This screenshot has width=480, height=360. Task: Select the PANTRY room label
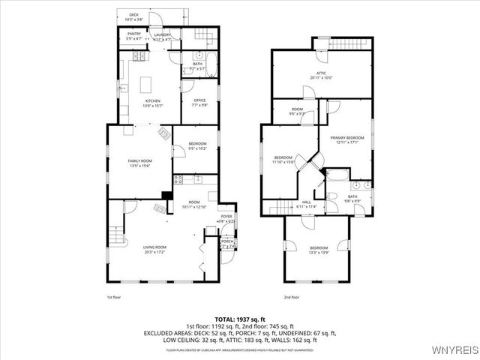[x=134, y=35]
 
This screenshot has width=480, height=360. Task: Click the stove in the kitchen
[x=138, y=56]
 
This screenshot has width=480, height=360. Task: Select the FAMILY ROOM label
[x=140, y=163]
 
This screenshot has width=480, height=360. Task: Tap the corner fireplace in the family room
[x=164, y=134]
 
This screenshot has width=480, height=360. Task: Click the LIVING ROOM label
[x=154, y=249]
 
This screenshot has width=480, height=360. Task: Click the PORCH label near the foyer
[x=226, y=241]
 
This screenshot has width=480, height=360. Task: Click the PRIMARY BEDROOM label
[x=346, y=139]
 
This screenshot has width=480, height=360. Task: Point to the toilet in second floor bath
[x=357, y=185]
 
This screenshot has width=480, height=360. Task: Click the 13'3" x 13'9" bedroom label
[x=319, y=250]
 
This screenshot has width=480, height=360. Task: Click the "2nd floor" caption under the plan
[x=291, y=298]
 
